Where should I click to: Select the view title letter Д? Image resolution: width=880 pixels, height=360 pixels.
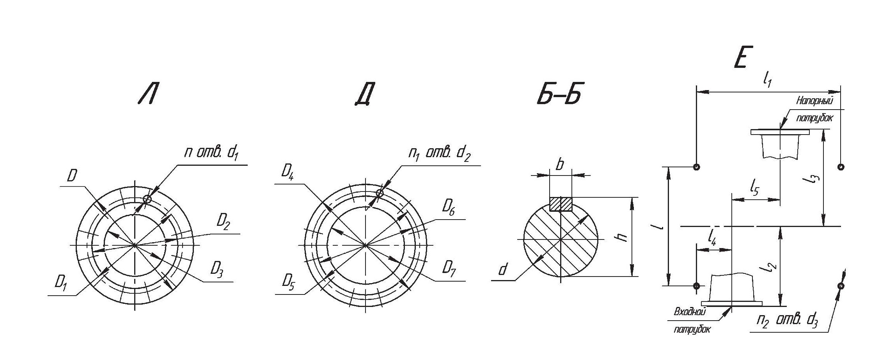pyautogui.click(x=365, y=95)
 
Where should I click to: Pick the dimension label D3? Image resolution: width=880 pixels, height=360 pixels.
pyautogui.click(x=217, y=270)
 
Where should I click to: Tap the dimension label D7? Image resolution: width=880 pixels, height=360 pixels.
pyautogui.click(x=449, y=270)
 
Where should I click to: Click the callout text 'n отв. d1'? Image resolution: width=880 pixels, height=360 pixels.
pyautogui.click(x=211, y=153)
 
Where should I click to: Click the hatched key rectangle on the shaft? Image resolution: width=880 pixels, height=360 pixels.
pyautogui.click(x=561, y=204)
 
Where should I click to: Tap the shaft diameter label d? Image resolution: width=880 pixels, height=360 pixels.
pyautogui.click(x=504, y=269)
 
